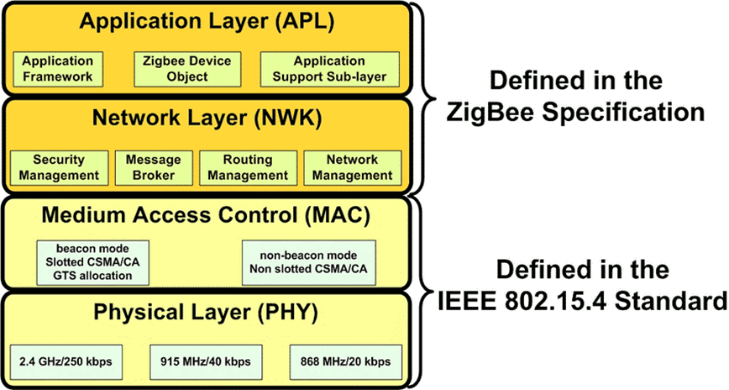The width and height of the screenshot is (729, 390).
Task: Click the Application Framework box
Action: (x=58, y=69)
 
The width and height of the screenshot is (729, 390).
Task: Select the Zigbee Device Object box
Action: (x=187, y=69)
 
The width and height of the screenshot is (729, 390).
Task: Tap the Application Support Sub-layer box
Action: (x=329, y=69)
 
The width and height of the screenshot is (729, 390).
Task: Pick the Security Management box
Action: (x=59, y=168)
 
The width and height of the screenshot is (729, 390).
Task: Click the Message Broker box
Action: (x=154, y=168)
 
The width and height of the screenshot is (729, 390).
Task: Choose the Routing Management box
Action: (x=248, y=168)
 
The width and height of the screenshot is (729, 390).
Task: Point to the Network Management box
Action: (x=353, y=168)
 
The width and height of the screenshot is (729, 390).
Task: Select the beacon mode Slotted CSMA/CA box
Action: (x=93, y=262)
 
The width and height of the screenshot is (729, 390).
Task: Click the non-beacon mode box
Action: (x=309, y=262)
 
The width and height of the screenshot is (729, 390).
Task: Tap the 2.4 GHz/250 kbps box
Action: (x=66, y=362)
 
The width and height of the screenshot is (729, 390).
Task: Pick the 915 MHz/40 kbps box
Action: (x=206, y=362)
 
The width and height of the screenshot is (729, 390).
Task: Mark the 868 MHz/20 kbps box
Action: (x=346, y=362)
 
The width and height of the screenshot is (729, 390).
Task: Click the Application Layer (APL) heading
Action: (x=207, y=22)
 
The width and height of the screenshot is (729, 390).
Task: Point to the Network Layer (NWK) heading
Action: (x=207, y=119)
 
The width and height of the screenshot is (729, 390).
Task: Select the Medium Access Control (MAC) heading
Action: (x=206, y=215)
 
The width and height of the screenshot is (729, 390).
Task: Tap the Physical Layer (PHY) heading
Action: (x=206, y=313)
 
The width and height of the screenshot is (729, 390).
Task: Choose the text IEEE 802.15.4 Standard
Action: (x=583, y=302)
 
